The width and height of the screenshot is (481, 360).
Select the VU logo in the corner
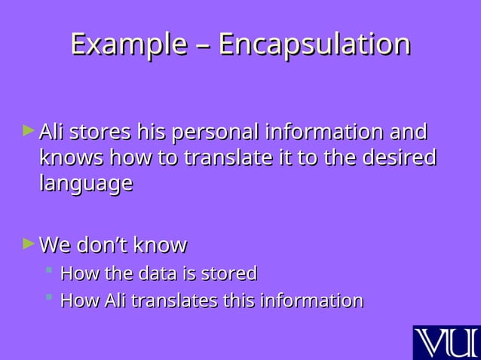point(446,343)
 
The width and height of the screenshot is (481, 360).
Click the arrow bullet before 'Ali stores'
point(29,131)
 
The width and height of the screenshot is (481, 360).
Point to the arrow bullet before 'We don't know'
point(29,243)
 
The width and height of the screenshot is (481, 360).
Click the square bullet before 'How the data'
point(48,270)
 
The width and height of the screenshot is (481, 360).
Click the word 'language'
point(86,185)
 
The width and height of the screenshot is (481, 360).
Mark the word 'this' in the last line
point(238,301)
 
